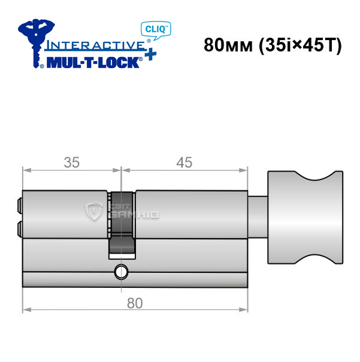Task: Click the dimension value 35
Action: coord(72,162)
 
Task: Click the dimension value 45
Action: coord(184,162)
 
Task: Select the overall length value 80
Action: coord(135,303)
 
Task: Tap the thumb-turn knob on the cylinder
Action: coord(305,217)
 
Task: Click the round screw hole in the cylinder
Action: coord(121,272)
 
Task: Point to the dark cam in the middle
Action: coord(122,224)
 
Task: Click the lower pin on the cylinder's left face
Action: coord(20,229)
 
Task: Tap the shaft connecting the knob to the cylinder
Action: coord(258,217)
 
